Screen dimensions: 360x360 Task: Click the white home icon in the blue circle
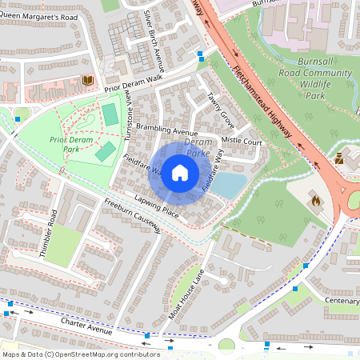point(180,172)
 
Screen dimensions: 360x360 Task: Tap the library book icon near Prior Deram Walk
point(87,80)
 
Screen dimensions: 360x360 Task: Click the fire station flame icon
point(314,201)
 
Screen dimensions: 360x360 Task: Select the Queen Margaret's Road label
point(40,16)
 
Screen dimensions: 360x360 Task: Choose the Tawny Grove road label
point(221,110)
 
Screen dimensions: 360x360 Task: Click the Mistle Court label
point(241,141)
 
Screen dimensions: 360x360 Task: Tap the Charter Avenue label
point(88,324)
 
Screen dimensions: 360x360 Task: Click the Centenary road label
point(342,301)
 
